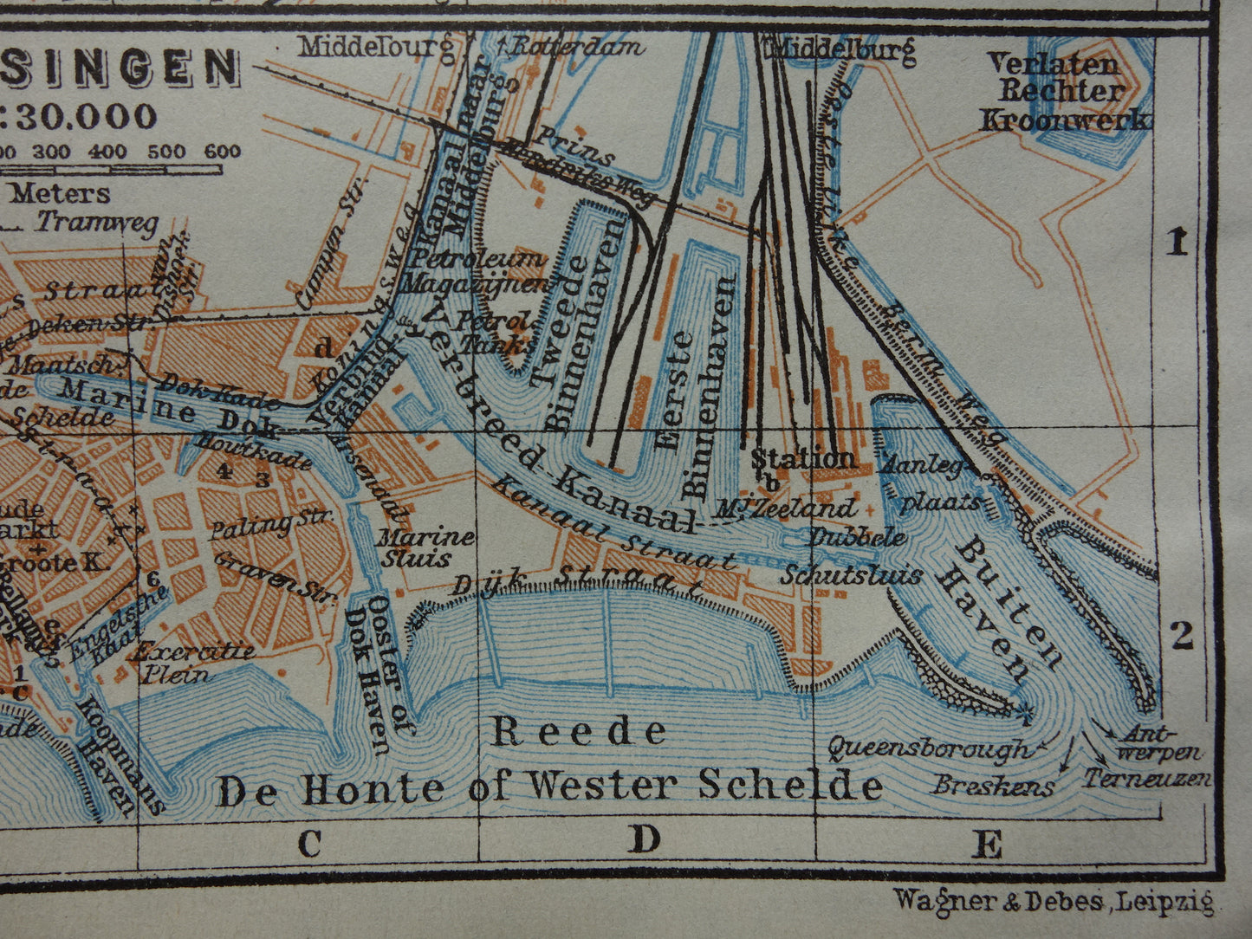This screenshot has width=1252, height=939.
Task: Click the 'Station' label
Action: point(802,457)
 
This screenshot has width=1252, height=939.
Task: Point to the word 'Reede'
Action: point(579,732)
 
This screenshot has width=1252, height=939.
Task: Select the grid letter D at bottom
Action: point(645,839)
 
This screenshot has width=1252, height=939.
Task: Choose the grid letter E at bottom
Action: point(989,843)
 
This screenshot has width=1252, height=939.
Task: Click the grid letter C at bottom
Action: point(309,843)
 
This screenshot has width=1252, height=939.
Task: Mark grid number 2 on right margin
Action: point(1181,637)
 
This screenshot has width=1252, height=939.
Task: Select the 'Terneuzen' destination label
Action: point(1147,779)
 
